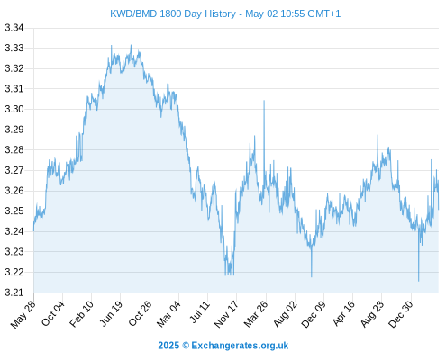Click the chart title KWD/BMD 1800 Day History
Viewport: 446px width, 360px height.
click(173, 13)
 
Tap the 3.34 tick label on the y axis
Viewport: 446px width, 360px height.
click(14, 28)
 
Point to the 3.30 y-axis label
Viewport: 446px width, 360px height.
click(14, 109)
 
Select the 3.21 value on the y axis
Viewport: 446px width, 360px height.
click(14, 292)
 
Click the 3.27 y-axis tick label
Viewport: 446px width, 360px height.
click(14, 170)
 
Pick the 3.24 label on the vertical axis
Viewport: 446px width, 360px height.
click(14, 231)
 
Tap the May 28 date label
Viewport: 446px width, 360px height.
click(23, 314)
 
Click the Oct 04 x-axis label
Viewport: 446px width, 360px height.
click(53, 313)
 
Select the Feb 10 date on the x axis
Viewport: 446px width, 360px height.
click(81, 314)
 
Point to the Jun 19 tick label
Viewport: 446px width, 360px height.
click(111, 313)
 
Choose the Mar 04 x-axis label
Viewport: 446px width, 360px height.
click(168, 314)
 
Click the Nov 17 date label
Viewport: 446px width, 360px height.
click(226, 314)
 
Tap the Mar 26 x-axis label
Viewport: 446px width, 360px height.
click(256, 314)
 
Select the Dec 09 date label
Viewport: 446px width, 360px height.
click(314, 314)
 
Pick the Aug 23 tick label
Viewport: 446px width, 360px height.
click(372, 314)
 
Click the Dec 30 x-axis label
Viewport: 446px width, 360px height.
click(400, 314)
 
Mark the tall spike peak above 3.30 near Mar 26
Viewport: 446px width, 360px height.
click(264, 101)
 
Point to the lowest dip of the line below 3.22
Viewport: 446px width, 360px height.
click(418, 281)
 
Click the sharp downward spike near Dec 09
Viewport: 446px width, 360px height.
click(312, 276)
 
